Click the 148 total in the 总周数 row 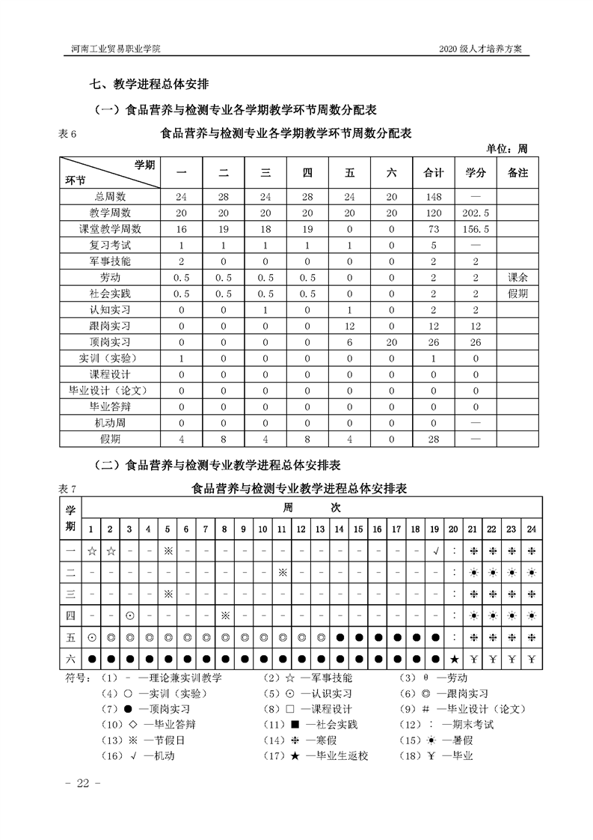pyautogui.click(x=434, y=196)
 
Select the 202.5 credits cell pyautogui.click(x=476, y=213)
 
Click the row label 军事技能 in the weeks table pyautogui.click(x=110, y=261)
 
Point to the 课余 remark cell pyautogui.click(x=517, y=277)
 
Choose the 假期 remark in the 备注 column pyautogui.click(x=517, y=293)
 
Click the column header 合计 pyautogui.click(x=434, y=173)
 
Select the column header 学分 pyautogui.click(x=476, y=173)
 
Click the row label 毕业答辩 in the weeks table pyautogui.click(x=110, y=407)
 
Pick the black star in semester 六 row pyautogui.click(x=454, y=659)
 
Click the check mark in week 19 pyautogui.click(x=435, y=552)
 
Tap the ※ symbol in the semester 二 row pyautogui.click(x=283, y=573)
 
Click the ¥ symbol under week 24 pyautogui.click(x=531, y=659)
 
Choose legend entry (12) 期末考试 pyautogui.click(x=449, y=725)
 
